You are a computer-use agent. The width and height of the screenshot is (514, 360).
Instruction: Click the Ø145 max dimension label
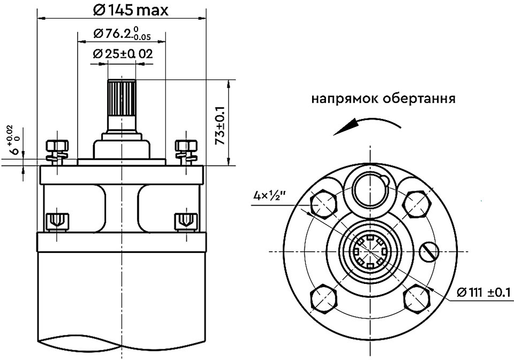pyautogui.click(x=131, y=10)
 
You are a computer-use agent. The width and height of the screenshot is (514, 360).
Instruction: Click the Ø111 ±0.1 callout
pyautogui.click(x=483, y=292)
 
